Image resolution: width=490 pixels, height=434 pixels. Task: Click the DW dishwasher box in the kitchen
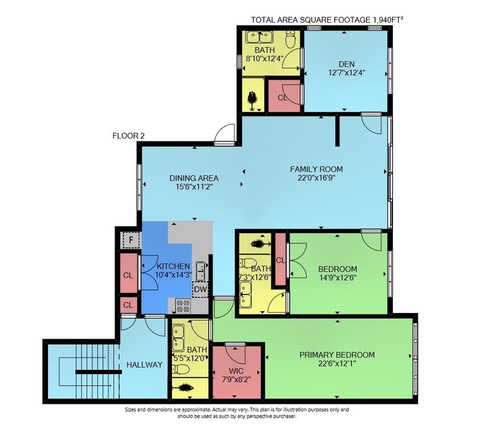(200, 289)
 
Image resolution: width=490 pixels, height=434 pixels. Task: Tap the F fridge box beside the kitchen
(130, 241)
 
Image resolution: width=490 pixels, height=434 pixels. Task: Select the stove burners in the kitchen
(183, 306)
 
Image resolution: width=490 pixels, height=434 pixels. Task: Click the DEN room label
(346, 64)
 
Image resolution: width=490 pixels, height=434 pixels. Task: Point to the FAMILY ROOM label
(316, 169)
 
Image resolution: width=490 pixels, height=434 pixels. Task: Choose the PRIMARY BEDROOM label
(337, 355)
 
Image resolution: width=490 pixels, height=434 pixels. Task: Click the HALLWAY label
(144, 365)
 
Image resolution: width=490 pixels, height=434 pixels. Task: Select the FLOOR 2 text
(128, 136)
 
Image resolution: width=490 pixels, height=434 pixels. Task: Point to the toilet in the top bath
(291, 40)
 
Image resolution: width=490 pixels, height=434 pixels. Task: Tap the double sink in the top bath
(260, 37)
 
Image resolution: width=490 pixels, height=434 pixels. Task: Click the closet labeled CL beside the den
(283, 97)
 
